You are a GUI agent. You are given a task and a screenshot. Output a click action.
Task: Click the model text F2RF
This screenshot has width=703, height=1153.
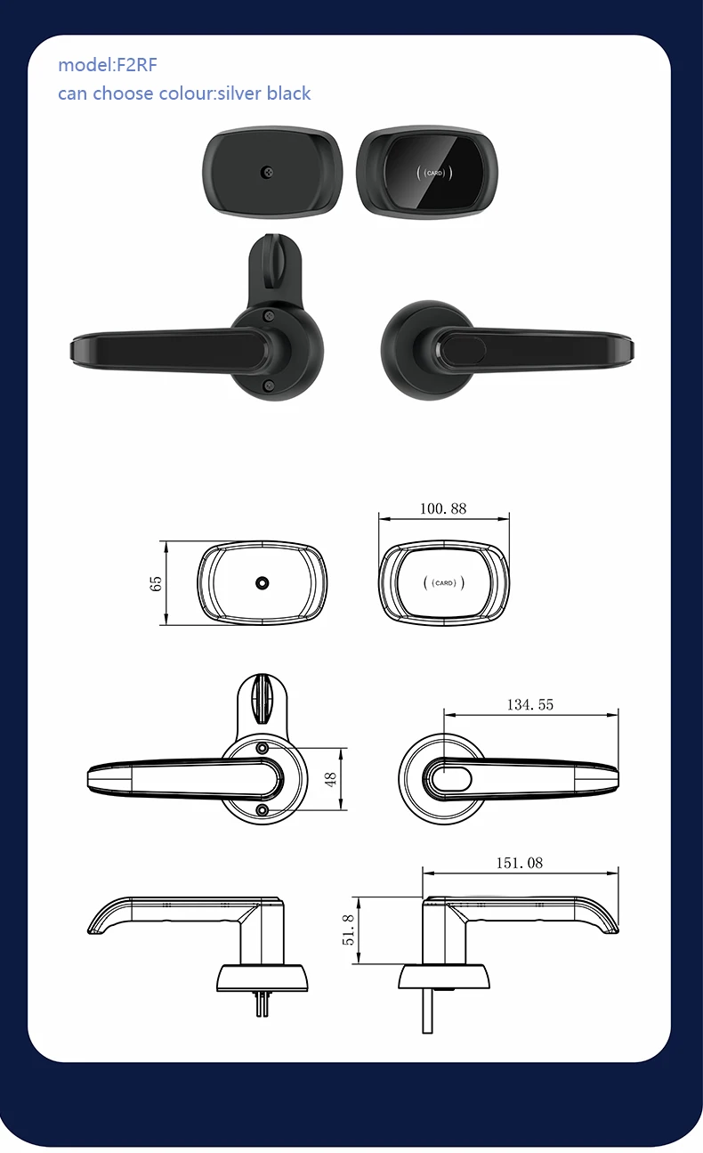pos(136,65)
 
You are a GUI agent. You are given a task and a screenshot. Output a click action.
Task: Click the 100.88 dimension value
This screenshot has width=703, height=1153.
pos(442,509)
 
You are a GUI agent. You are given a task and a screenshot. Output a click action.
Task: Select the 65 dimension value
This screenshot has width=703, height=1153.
pos(157,583)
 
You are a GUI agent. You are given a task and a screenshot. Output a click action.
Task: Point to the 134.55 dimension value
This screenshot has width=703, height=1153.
pos(530,704)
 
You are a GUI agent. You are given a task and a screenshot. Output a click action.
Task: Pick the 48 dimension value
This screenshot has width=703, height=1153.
pos(331,778)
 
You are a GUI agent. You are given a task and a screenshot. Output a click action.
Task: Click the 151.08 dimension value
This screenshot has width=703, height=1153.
pos(519,863)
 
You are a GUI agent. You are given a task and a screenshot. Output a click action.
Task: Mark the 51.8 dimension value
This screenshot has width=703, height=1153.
pos(348,930)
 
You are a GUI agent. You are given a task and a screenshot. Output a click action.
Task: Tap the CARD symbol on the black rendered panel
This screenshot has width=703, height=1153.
pos(434,172)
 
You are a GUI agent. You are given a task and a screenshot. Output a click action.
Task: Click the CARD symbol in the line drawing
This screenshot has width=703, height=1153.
pos(443,583)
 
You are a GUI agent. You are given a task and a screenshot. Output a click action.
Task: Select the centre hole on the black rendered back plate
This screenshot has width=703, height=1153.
pos(266,171)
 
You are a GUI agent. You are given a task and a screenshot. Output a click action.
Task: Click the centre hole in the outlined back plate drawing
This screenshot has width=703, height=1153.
pos(262,582)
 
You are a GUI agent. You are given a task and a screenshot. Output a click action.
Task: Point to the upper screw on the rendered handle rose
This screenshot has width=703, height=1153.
pos(267,313)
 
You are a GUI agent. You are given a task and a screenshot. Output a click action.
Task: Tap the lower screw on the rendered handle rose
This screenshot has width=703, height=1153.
pos(267,385)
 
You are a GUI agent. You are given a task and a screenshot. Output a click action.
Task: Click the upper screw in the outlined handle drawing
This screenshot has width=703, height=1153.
pos(263,747)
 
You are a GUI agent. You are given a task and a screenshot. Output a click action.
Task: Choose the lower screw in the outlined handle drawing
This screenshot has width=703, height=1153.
pos(263,808)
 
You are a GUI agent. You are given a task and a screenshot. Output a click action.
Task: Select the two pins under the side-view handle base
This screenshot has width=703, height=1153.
pos(263,1003)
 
